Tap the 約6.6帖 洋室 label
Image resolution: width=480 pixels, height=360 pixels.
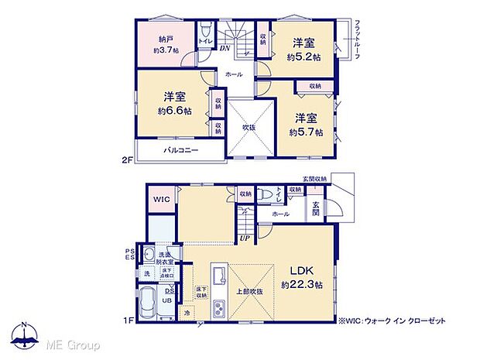pyautogui.click(x=173, y=103)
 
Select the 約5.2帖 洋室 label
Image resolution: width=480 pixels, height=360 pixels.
pyautogui.click(x=302, y=50)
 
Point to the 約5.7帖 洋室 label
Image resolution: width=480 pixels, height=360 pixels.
pyautogui.click(x=303, y=126)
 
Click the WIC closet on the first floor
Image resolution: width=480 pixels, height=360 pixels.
pyautogui.click(x=161, y=199)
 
